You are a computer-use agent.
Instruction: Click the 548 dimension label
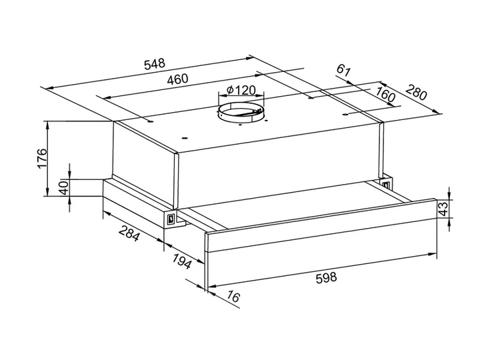[x=155, y=64]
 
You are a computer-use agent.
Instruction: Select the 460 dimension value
[x=177, y=79]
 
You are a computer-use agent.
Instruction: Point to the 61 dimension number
[x=343, y=71]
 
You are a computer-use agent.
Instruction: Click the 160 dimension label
[x=385, y=95]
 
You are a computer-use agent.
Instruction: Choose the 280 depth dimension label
[x=416, y=92]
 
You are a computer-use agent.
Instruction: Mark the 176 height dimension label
[x=41, y=158]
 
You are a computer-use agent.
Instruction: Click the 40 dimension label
[x=64, y=187]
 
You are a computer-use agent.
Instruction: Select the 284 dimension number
[x=129, y=233]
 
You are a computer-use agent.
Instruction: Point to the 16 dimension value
[x=233, y=297]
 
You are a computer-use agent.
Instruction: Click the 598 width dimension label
[x=326, y=278]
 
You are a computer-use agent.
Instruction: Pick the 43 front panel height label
[x=443, y=209]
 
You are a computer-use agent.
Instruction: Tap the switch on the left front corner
[x=170, y=219]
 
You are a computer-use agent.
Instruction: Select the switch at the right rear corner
[x=386, y=184]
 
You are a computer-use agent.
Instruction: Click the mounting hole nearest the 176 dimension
[x=150, y=121]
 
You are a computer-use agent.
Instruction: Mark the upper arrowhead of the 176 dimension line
[x=48, y=125]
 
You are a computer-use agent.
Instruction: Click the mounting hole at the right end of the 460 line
[x=311, y=98]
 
